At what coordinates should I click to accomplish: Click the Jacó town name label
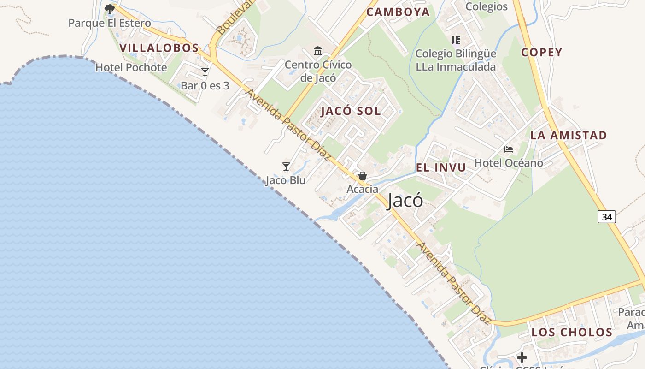tap(405, 201)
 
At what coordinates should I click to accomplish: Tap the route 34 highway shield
tap(607, 216)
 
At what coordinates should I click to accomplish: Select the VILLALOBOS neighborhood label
tap(159, 48)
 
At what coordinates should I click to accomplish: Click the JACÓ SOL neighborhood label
tap(351, 111)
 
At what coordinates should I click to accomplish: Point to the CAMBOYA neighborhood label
tap(398, 12)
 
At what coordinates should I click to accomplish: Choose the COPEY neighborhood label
tap(542, 52)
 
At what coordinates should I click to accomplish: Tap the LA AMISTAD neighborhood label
tap(569, 135)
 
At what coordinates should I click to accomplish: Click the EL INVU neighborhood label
tap(441, 167)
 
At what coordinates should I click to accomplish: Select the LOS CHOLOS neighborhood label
tap(572, 332)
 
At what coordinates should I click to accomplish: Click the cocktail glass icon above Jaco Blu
tap(286, 167)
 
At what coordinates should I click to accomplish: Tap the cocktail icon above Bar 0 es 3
tap(205, 72)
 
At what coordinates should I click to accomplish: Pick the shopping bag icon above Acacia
tap(363, 176)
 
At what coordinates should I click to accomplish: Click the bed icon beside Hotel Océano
tap(509, 149)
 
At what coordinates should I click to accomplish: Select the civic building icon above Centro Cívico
tap(318, 51)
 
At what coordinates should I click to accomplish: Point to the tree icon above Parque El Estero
tap(109, 9)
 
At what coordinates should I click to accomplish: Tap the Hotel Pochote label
tap(131, 67)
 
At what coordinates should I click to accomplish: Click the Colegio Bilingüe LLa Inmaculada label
tap(456, 60)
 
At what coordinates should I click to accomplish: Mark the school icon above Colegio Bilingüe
tap(456, 40)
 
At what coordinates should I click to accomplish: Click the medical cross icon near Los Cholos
tap(522, 357)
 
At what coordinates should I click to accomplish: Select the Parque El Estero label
tap(110, 23)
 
